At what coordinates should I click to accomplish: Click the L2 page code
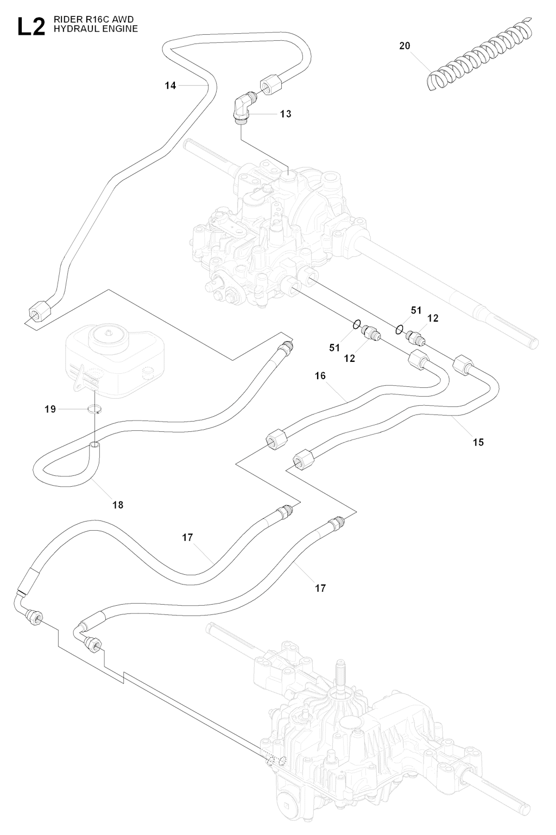point(31,27)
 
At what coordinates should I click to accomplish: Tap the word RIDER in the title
point(65,20)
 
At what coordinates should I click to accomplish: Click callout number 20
point(405,46)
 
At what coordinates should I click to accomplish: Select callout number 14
point(170,85)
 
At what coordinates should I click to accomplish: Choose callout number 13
point(286,114)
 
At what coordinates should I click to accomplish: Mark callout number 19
point(50,409)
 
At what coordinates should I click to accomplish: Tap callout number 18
point(118,505)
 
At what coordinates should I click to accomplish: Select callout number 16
point(320,376)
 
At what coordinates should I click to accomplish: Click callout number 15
point(478,442)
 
